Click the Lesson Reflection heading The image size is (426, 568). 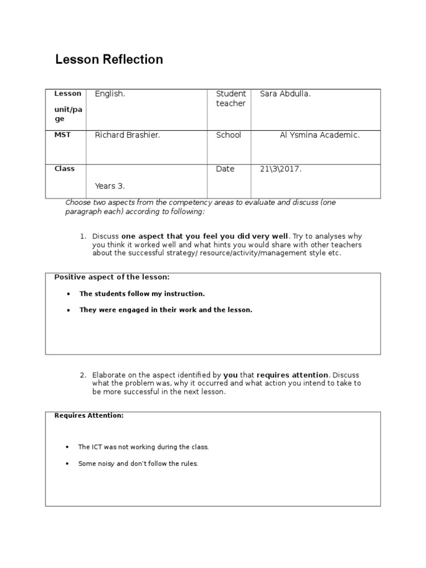pos(109,60)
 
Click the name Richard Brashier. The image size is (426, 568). pos(128,135)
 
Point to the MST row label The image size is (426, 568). pos(62,135)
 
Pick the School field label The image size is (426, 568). pos(229,135)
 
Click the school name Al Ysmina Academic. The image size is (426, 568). pos(319,135)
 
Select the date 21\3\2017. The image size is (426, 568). pos(281,169)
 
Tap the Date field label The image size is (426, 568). pos(225,169)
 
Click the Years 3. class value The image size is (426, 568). pos(110,186)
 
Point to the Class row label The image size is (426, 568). pos(64,169)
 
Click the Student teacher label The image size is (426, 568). pos(231,99)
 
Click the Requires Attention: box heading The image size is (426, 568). pos(89,415)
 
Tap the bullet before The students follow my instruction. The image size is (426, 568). pos(67,294)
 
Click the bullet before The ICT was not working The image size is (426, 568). pos(67,447)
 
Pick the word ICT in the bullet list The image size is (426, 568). pos(97,447)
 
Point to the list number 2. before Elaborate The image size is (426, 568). pos(83,375)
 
